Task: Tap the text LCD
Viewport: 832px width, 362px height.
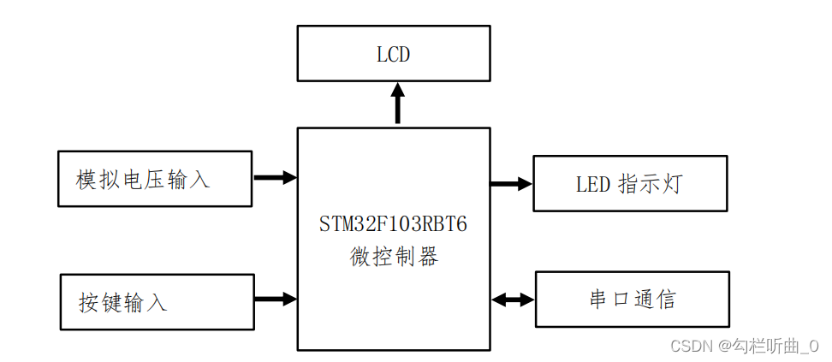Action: (x=394, y=55)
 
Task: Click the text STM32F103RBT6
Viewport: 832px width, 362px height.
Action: (x=393, y=225)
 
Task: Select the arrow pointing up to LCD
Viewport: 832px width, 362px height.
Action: (x=397, y=103)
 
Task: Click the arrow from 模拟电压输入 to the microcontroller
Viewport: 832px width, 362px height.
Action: (x=275, y=178)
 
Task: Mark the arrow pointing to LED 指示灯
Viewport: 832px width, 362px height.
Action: (x=511, y=183)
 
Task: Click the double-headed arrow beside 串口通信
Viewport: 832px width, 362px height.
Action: (x=513, y=300)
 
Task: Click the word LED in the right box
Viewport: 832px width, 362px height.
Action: (x=592, y=184)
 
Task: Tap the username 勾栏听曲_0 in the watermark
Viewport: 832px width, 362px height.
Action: (x=775, y=346)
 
